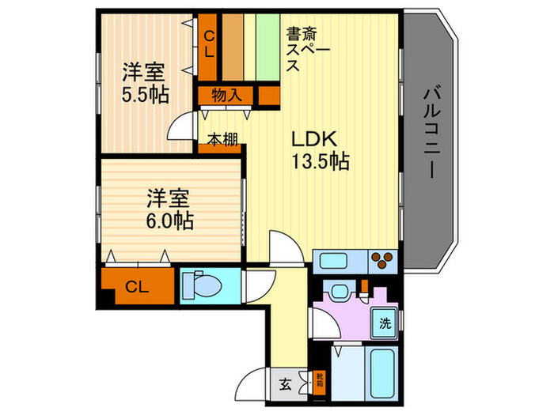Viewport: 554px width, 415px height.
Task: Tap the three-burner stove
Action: pos(384,260)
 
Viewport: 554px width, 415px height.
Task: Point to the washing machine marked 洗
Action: pos(384,323)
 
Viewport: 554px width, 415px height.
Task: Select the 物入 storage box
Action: pos(226,96)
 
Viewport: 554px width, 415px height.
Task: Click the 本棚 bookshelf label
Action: pos(221,140)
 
